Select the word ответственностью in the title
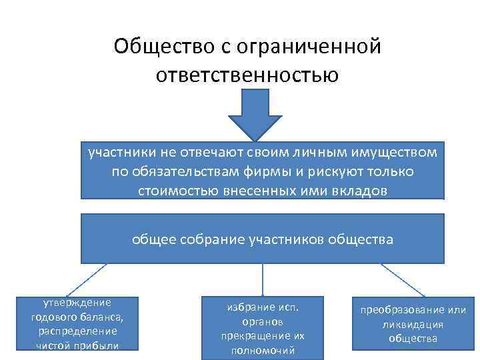point(247,74)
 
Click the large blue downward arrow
point(250,114)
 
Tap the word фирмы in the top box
point(269,171)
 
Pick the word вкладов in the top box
point(357,191)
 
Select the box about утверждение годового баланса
point(78,323)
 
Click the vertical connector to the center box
point(262,279)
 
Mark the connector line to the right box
point(404,279)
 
